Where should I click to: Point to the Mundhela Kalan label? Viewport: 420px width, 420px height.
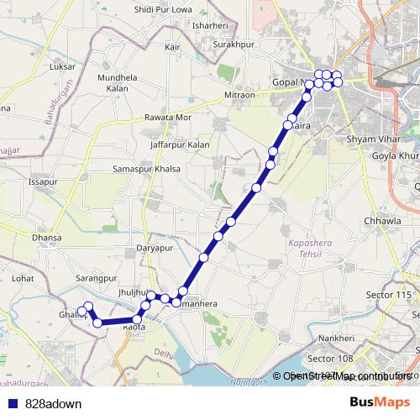pos(118,82)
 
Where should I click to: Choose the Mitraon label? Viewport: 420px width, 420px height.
pos(239,96)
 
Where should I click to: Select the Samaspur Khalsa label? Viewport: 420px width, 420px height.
pos(147,169)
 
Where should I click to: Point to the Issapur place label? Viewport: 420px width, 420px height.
pos(42,181)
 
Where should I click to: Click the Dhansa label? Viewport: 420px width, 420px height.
pos(47,238)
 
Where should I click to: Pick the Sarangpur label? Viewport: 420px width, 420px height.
pos(95,277)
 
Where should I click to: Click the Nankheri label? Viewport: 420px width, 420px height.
pos(336,338)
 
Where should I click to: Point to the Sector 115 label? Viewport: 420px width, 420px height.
pos(392,295)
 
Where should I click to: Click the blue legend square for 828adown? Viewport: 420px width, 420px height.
pos(12,402)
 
